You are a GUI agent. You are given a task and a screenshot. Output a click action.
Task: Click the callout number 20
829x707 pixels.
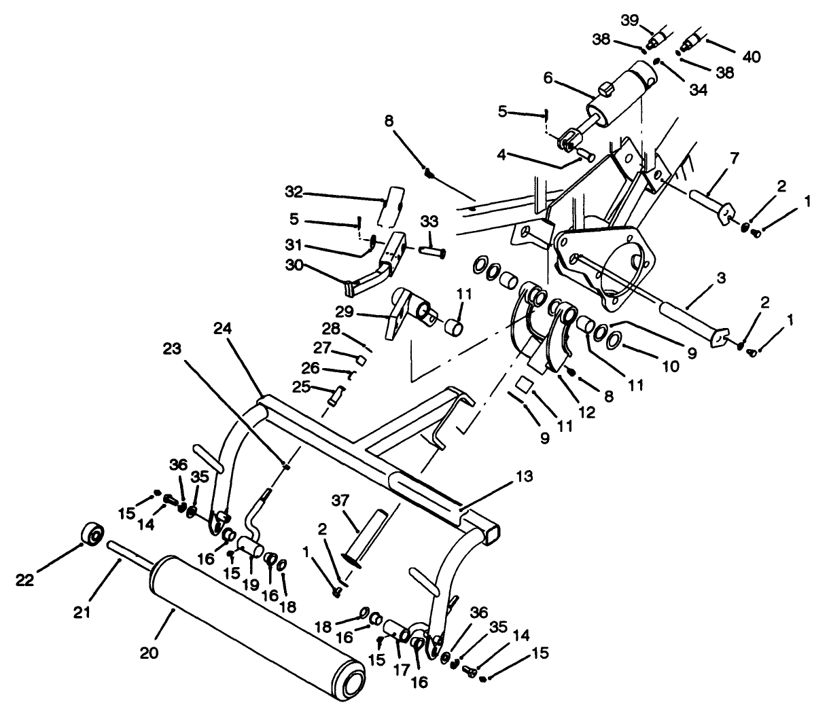(149, 653)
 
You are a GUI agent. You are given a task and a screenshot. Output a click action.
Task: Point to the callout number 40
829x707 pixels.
(751, 56)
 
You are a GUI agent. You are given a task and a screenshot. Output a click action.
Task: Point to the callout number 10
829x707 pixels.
(669, 366)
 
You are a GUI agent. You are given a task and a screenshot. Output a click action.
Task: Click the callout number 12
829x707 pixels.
(585, 412)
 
